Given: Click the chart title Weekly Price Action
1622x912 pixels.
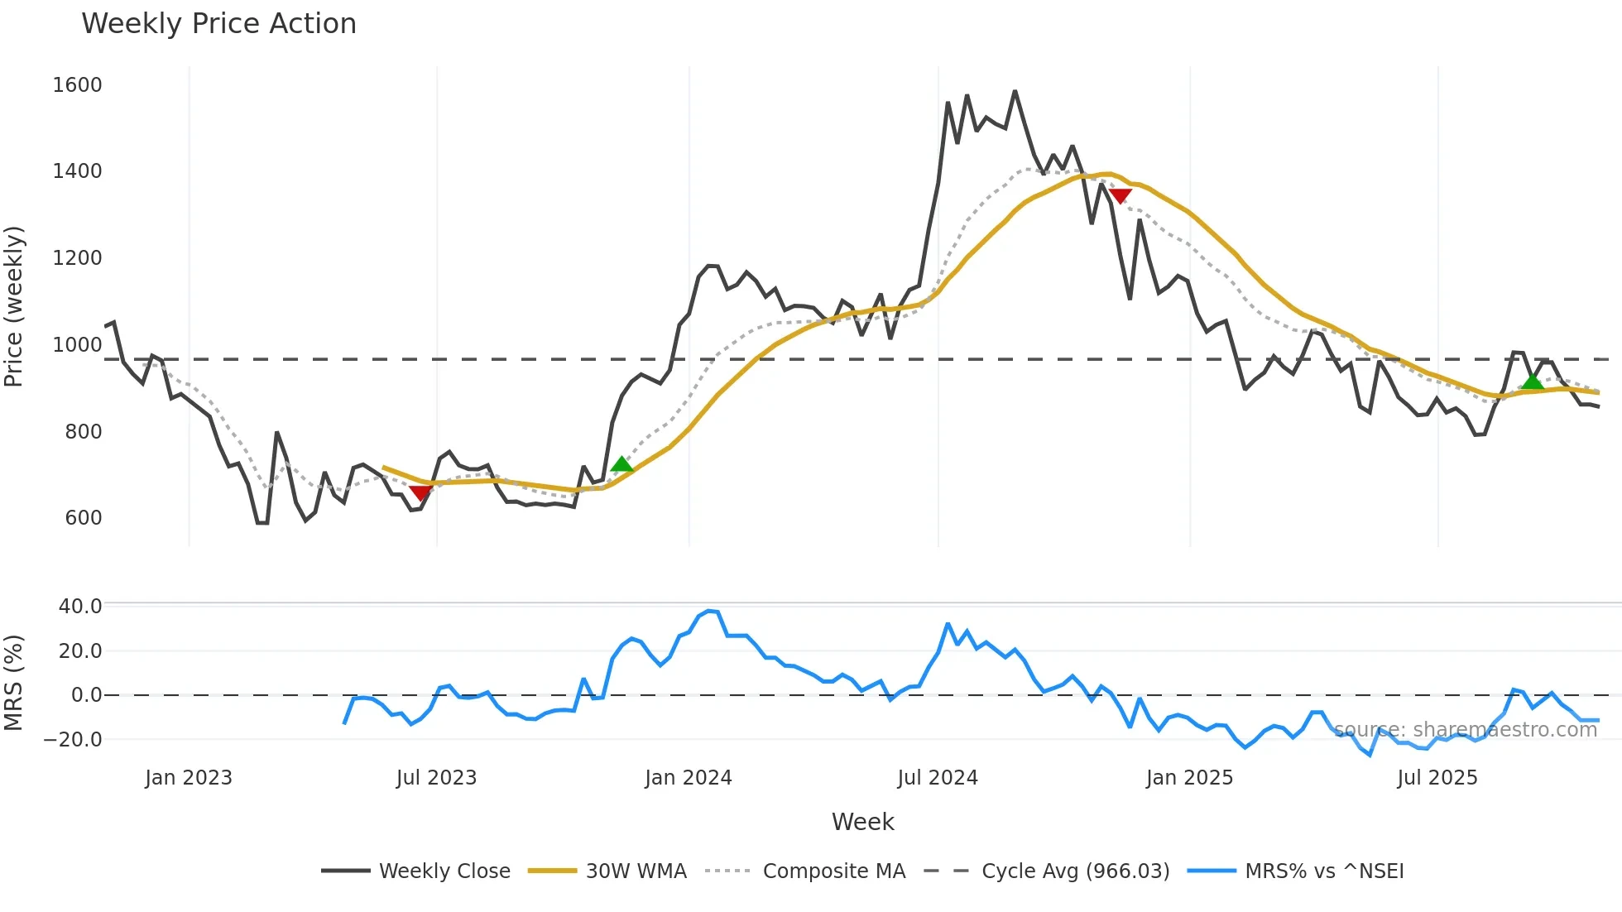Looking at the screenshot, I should (218, 24).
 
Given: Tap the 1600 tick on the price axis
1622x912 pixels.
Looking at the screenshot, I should (77, 85).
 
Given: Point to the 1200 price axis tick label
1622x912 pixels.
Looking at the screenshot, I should (77, 258).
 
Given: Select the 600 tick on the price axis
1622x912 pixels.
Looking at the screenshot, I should (83, 518).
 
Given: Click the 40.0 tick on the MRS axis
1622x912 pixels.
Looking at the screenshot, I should (80, 607).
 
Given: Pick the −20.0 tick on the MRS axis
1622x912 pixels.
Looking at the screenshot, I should (73, 740).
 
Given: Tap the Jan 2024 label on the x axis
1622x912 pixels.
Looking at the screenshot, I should (689, 778).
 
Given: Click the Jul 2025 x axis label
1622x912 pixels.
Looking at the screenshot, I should (1437, 778).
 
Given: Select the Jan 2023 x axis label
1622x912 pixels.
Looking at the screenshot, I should (189, 778).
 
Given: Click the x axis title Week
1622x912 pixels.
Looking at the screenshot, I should (862, 822).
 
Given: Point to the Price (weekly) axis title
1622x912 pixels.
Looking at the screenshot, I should (14, 306).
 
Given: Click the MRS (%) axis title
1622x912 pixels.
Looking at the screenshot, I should (14, 683).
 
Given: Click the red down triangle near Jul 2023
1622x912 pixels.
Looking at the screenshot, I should (420, 493).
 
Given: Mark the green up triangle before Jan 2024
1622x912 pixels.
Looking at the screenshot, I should (621, 464).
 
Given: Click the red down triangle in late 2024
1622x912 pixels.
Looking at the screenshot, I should (1120, 196).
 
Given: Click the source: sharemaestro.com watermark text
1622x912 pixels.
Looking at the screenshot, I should (1465, 730).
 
